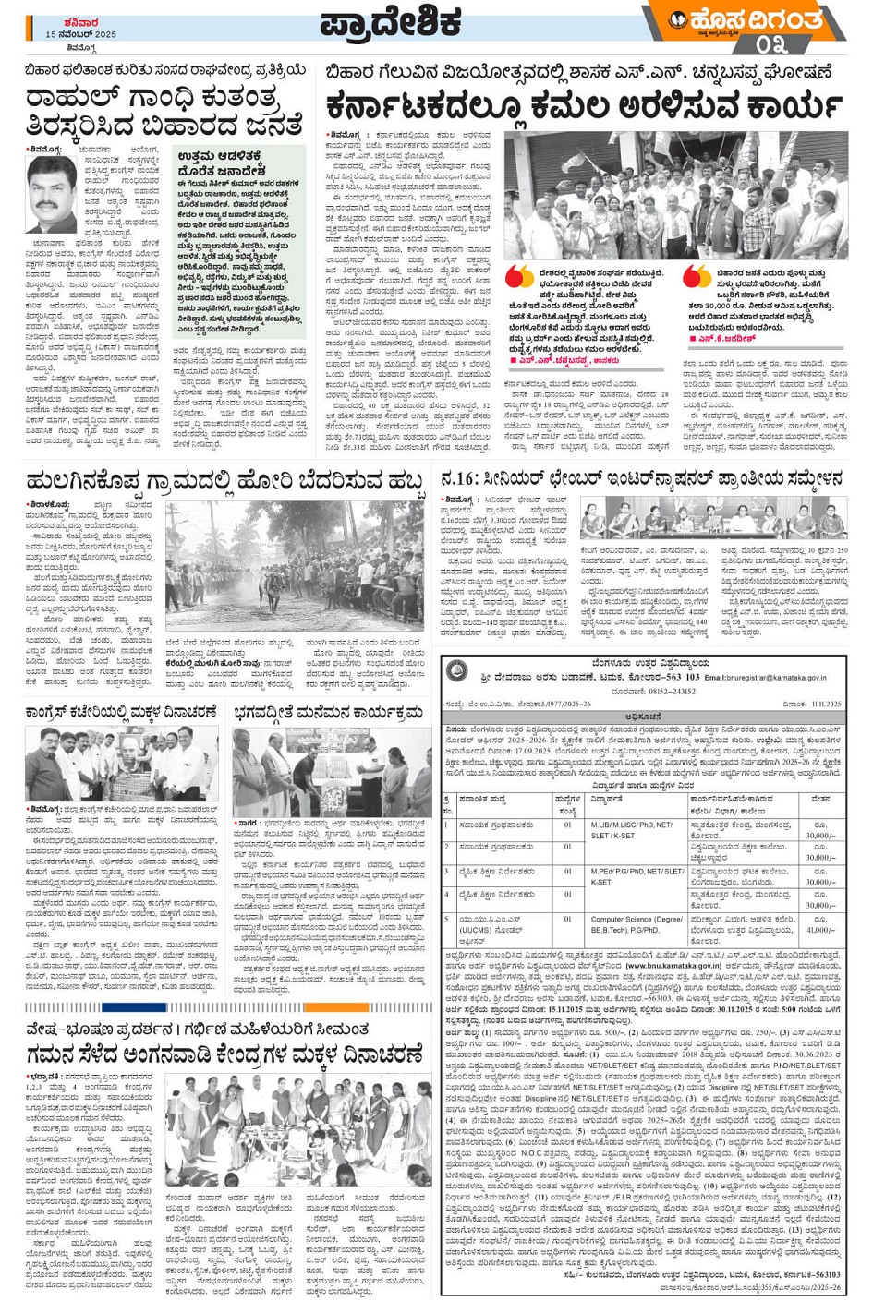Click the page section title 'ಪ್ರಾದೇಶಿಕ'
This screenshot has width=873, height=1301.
click(392, 24)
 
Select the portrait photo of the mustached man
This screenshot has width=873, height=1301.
click(50, 195)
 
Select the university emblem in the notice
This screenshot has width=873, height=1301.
click(455, 671)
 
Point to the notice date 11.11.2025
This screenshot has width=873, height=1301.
click(811, 704)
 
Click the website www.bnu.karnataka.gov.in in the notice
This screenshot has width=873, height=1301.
click(677, 966)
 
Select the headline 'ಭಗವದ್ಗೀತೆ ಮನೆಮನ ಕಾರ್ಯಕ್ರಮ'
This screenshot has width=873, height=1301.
click(329, 712)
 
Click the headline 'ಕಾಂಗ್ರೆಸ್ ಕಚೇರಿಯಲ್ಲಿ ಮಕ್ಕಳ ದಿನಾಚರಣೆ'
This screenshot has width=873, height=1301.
click(122, 712)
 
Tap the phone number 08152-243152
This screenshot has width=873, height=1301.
click(666, 691)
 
